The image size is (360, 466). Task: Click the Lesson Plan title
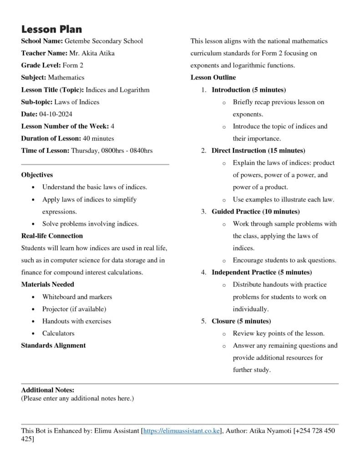pyautogui.click(x=51, y=30)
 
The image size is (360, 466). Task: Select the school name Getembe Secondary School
pyautogui.click(x=104, y=41)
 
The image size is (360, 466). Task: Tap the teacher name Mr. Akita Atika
pyautogui.click(x=91, y=53)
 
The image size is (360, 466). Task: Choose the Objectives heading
pyautogui.click(x=37, y=175)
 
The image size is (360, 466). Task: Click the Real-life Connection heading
pyautogui.click(x=52, y=236)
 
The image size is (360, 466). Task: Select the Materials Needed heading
pyautogui.click(x=47, y=284)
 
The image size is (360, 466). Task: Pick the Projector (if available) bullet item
pyautogui.click(x=74, y=309)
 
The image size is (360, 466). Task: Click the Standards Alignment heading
pyautogui.click(x=53, y=345)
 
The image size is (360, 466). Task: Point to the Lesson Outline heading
pyautogui.click(x=213, y=77)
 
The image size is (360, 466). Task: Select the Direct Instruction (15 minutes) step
pyautogui.click(x=258, y=151)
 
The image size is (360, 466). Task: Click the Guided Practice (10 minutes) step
pyautogui.click(x=255, y=212)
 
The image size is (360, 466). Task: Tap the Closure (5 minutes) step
pyautogui.click(x=241, y=321)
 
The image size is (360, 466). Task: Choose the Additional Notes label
pyautogui.click(x=47, y=390)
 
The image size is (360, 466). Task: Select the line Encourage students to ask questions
pyautogui.click(x=284, y=260)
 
